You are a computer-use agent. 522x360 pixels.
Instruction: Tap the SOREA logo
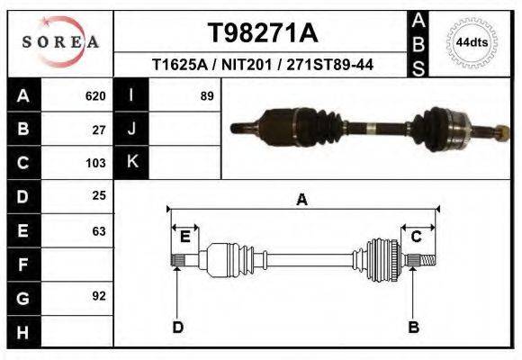[60, 42]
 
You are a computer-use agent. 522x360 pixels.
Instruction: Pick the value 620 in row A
[95, 96]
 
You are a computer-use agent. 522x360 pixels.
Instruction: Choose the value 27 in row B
[100, 130]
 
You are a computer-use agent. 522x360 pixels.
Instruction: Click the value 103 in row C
[95, 164]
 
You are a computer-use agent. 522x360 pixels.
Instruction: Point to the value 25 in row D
[100, 195]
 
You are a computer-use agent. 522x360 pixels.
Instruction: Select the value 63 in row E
[100, 231]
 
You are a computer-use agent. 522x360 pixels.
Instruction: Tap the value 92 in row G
[100, 295]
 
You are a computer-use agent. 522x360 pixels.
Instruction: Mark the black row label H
[22, 331]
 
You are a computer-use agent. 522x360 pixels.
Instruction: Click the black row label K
[131, 162]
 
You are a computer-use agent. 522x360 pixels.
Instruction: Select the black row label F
[22, 265]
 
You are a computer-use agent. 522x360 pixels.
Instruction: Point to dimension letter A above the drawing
[301, 200]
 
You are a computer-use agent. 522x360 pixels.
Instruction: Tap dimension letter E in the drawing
[184, 237]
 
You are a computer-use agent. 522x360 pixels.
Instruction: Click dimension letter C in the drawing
[417, 237]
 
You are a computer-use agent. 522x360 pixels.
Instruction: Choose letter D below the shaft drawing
[177, 327]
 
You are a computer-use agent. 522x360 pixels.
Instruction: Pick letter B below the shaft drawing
[414, 327]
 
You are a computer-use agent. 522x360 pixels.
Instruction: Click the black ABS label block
[418, 43]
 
